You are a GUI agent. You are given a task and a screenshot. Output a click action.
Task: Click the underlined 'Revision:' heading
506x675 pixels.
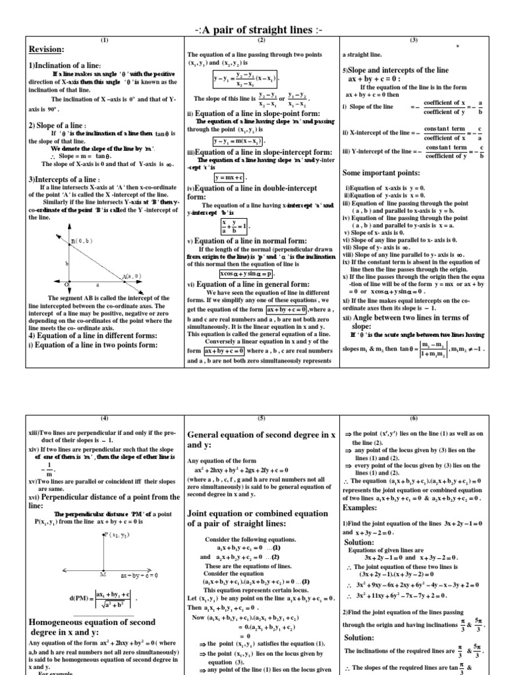47,49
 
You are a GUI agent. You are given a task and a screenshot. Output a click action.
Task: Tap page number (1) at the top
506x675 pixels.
103,42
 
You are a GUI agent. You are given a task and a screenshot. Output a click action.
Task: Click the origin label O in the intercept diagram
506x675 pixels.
67,284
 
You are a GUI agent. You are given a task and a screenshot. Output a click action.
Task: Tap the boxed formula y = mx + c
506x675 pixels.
229,177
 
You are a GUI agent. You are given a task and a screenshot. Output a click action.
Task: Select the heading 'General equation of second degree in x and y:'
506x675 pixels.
261,440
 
